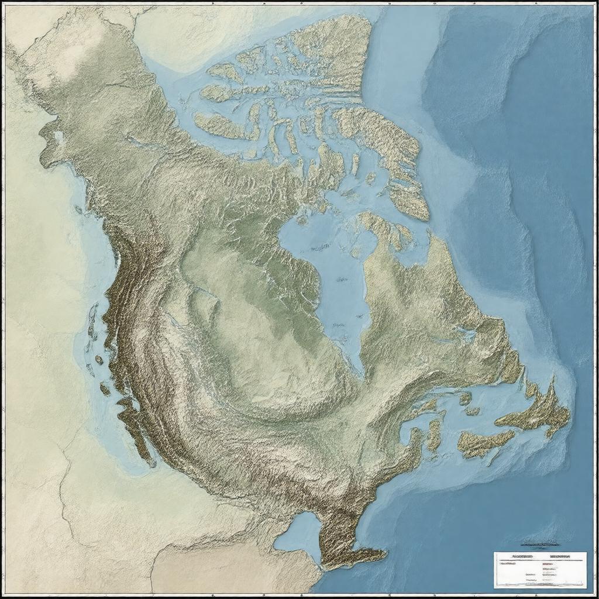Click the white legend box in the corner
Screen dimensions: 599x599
(539, 569)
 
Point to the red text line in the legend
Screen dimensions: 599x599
(548, 567)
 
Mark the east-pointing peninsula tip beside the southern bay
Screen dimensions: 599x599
(384, 552)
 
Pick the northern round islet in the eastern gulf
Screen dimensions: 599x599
(465, 398)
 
